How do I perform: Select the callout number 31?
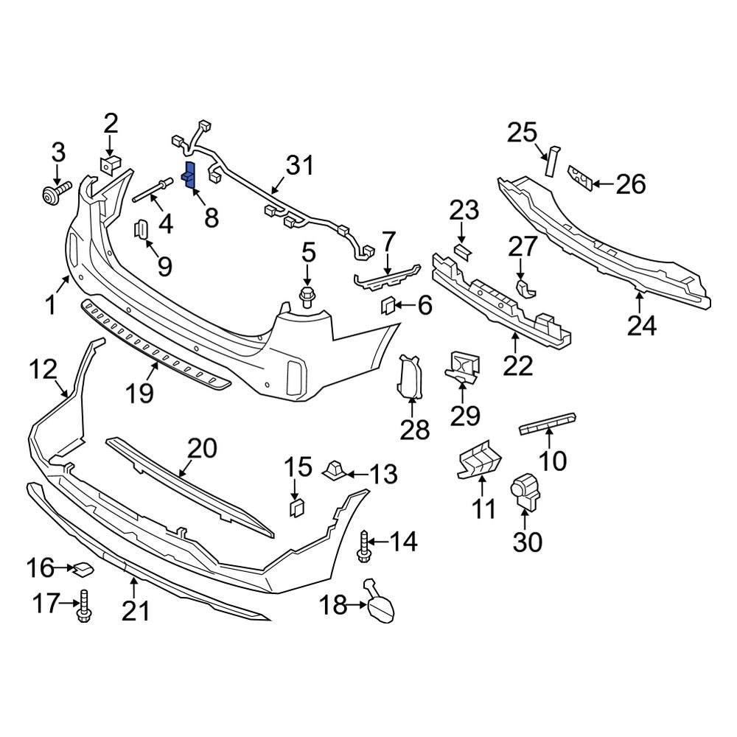point(299,167)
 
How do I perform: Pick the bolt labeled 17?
point(83,608)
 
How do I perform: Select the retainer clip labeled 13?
point(335,469)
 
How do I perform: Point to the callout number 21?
point(136,610)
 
